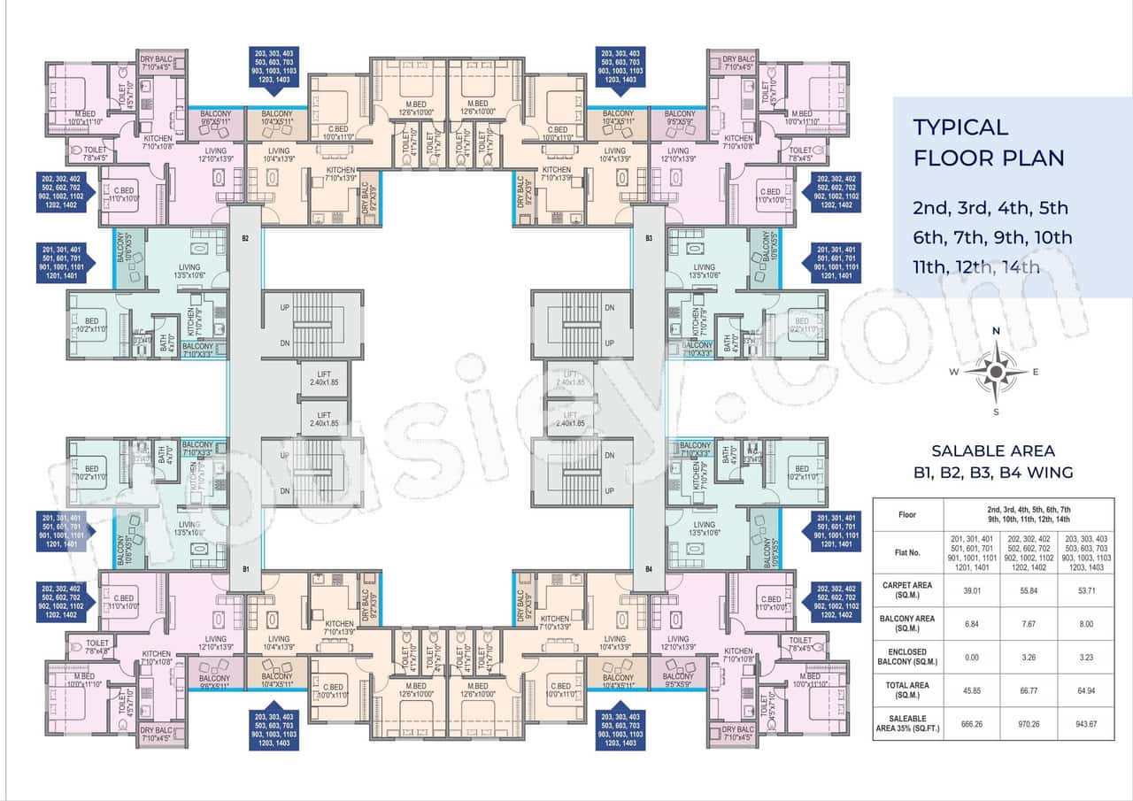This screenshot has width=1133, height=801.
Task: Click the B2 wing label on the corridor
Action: click(245, 238)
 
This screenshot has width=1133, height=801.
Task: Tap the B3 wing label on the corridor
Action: click(648, 238)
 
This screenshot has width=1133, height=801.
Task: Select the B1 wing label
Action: click(245, 568)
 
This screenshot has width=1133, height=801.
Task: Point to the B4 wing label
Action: click(648, 568)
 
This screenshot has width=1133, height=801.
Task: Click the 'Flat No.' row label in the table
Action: click(908, 551)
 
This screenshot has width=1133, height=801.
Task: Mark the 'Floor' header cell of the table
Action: click(908, 513)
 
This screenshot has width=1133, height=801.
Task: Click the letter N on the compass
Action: click(996, 331)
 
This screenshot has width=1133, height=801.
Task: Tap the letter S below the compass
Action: click(996, 412)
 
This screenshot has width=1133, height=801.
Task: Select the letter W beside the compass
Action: click(954, 372)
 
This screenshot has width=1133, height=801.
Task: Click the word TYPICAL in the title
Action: click(960, 127)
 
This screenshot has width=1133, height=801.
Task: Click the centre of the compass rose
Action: click(996, 371)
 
